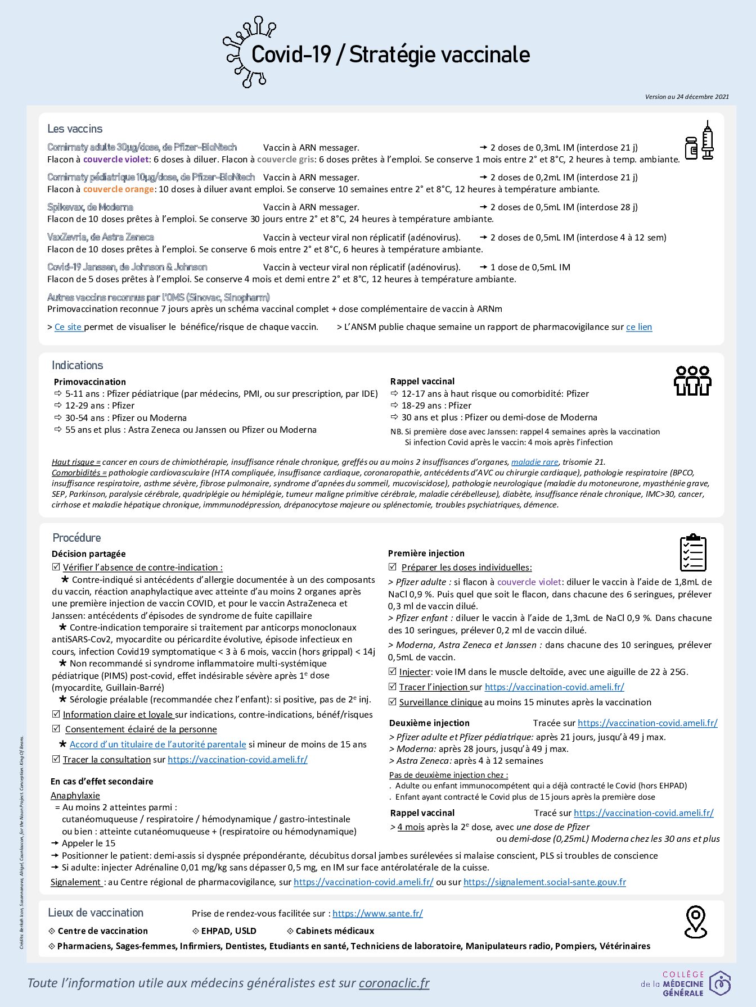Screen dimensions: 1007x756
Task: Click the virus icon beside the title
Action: coord(245,53)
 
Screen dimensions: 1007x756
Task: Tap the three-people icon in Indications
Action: coord(692,381)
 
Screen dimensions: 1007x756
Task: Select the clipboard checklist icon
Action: coord(693,553)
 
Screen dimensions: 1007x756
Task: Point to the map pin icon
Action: coord(695,921)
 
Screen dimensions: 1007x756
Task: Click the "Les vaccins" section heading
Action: coord(75,129)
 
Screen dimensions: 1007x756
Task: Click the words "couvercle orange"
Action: coord(118,189)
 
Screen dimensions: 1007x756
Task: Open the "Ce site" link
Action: coord(69,327)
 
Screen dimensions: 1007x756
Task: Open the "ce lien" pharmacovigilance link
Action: coord(639,327)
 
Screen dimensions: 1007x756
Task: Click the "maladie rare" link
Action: coord(534,462)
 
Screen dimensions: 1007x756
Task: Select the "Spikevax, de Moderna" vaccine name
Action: coord(90,207)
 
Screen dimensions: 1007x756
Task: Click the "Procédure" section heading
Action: coord(76,538)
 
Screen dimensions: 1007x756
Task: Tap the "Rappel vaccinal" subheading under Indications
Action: coord(422,382)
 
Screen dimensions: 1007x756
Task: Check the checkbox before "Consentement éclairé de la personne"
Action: coord(56,729)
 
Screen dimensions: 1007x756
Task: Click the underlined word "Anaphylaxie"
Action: coord(75,796)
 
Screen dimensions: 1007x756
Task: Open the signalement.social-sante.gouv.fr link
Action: coord(544,882)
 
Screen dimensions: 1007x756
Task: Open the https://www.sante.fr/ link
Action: coord(377,914)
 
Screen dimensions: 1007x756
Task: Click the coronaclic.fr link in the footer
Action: coord(394,983)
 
